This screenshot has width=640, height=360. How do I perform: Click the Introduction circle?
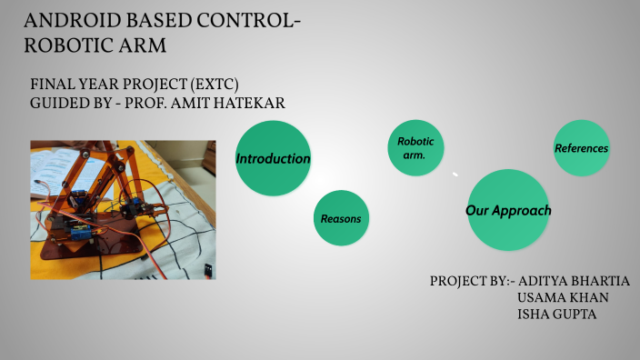274,158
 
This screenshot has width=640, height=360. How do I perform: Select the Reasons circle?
341,218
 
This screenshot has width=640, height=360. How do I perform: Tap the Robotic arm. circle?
416,148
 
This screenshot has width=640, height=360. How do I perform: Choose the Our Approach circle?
508,210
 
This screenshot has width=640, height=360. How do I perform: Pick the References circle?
581,147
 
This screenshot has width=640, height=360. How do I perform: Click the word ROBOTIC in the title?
65,45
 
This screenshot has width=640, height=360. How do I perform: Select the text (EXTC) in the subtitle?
187,85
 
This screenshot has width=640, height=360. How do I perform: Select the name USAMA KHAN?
563,297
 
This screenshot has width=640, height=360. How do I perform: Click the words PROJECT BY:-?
472,280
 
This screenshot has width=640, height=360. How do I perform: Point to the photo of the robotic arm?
123,208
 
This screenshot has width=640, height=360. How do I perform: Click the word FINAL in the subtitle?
52,85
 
